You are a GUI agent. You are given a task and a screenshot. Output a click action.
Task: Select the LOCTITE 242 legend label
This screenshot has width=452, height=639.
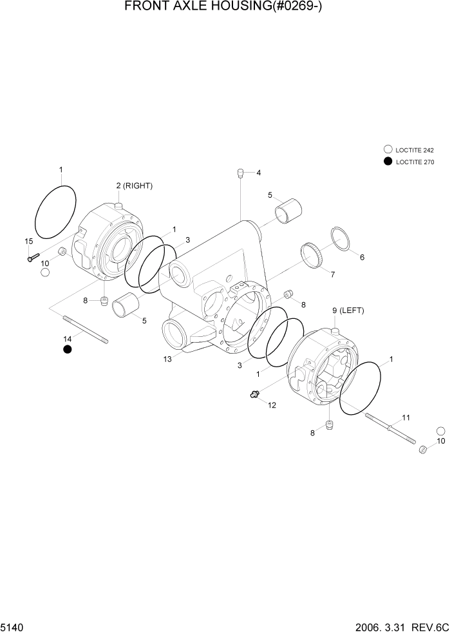[x=415, y=149]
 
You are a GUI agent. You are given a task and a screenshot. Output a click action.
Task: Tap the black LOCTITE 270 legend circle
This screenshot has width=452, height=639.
[x=388, y=162]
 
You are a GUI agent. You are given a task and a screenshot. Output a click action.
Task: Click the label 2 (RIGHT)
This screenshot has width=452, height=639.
[x=134, y=186]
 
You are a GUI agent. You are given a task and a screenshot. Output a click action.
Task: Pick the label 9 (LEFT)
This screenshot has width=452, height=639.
[x=348, y=310]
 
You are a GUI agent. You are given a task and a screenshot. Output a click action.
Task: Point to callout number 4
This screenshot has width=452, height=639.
[x=258, y=173]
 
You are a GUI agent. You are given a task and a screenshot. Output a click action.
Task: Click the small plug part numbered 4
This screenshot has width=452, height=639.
[x=240, y=173]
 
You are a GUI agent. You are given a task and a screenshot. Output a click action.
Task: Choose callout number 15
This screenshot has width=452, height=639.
[x=28, y=241]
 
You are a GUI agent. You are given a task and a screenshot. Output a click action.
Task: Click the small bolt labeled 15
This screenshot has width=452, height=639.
[x=33, y=258]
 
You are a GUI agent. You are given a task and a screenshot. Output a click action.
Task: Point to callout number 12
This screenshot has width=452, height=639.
[x=272, y=405]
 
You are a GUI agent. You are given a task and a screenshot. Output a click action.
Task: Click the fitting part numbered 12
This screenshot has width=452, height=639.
[x=255, y=394]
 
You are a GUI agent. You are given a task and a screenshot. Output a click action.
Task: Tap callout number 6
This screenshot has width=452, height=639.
[x=362, y=257]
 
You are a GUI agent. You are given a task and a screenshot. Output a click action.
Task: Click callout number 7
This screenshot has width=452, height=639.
[x=332, y=275]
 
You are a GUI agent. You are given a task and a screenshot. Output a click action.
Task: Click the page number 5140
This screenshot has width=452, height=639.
[x=13, y=627]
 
